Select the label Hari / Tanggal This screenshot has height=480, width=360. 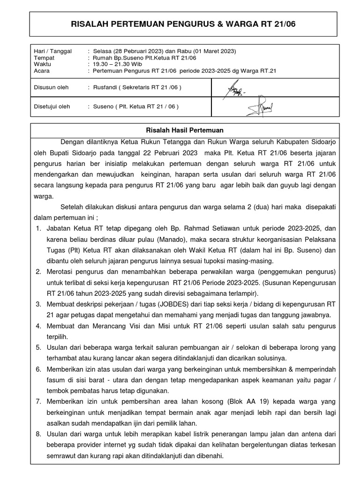click(x=53, y=51)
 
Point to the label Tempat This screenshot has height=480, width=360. click(x=44, y=58)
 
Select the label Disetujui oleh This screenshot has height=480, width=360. click(x=52, y=106)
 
